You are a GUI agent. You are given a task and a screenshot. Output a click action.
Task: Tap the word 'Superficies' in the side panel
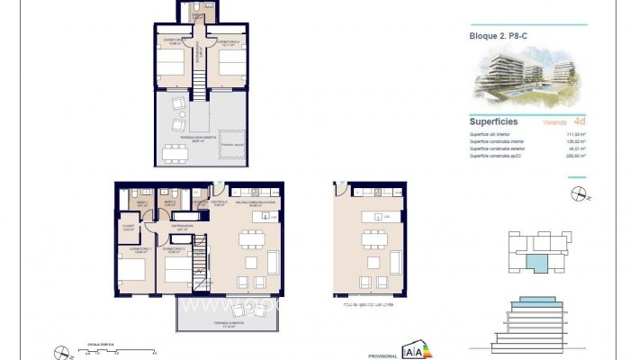pos(494,121)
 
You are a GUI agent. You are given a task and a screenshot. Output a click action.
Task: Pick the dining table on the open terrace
pos(175,151)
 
